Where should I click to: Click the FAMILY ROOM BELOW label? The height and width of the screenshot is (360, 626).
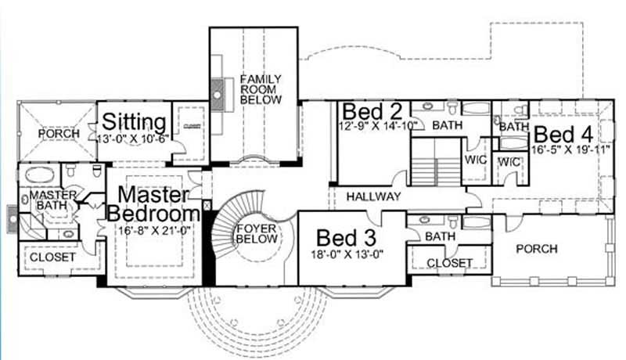pyautogui.click(x=255, y=89)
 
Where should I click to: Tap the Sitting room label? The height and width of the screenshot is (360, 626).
pyautogui.click(x=135, y=122)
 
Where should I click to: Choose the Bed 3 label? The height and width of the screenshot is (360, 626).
pyautogui.click(x=343, y=236)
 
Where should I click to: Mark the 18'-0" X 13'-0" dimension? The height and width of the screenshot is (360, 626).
pyautogui.click(x=348, y=254)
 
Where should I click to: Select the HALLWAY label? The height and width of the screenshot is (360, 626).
pyautogui.click(x=373, y=196)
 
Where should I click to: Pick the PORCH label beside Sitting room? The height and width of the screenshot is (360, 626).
pyautogui.click(x=59, y=134)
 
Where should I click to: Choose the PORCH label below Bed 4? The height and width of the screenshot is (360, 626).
pyautogui.click(x=537, y=249)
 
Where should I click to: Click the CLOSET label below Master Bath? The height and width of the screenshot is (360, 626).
pyautogui.click(x=54, y=257)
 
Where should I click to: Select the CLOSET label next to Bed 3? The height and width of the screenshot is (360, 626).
pyautogui.click(x=452, y=263)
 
